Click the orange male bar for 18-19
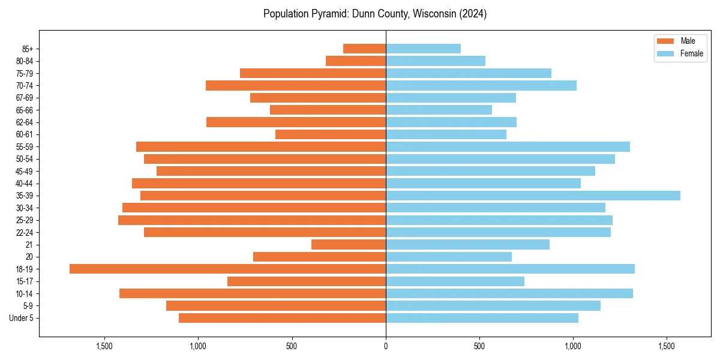pyautogui.click(x=227, y=269)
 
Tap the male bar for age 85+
pyautogui.click(x=364, y=49)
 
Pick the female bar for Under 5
pyautogui.click(x=482, y=318)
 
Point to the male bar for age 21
pyautogui.click(x=349, y=244)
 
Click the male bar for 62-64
pyautogui.click(x=296, y=122)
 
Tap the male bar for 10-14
pyautogui.click(x=253, y=293)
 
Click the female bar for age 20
pyautogui.click(x=449, y=257)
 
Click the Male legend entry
pyautogui.click(x=688, y=41)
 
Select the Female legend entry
pyautogui.click(x=692, y=53)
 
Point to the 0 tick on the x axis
pyautogui.click(x=386, y=346)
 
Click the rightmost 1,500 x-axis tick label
pyautogui.click(x=667, y=346)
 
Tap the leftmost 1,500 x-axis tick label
pyautogui.click(x=104, y=346)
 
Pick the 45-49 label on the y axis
pyautogui.click(x=25, y=171)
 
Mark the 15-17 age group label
pyautogui.click(x=25, y=281)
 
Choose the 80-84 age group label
pyautogui.click(x=25, y=61)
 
